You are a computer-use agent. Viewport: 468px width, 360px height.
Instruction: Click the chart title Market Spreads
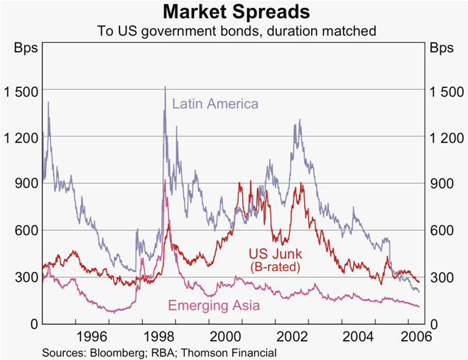pyautogui.click(x=234, y=12)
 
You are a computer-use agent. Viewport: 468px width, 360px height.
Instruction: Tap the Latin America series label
pyautogui.click(x=215, y=104)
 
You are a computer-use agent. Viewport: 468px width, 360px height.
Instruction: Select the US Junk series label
pyautogui.click(x=275, y=253)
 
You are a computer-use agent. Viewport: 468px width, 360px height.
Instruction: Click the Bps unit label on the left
pyautogui.click(x=25, y=49)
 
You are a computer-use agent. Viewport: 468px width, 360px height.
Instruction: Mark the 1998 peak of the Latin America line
pyautogui.click(x=165, y=87)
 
